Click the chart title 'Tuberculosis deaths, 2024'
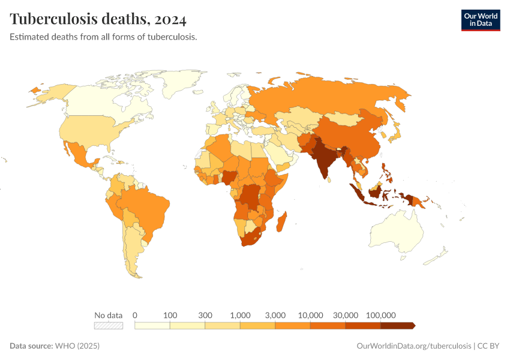[98, 19]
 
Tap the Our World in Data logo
[480, 20]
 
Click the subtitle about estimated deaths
[103, 37]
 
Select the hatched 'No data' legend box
[108, 326]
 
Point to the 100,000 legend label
[380, 315]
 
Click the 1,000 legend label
[240, 315]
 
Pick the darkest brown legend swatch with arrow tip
[397, 326]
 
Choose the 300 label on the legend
[205, 315]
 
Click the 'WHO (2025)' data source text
[77, 346]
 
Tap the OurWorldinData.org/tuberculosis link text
[413, 346]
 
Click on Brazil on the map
[148, 207]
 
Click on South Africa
[252, 237]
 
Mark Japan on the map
[395, 134]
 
